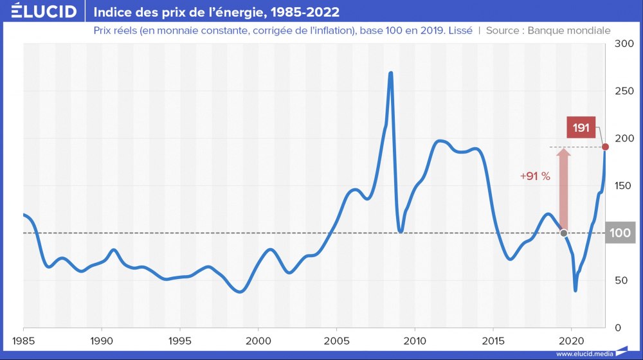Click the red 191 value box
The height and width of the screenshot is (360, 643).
[x=581, y=127]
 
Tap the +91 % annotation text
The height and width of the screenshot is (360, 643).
[x=535, y=176]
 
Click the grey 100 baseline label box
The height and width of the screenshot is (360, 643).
[x=620, y=233]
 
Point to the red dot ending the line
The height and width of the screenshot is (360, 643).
[x=606, y=147]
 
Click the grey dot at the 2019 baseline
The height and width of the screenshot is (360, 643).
[x=564, y=233]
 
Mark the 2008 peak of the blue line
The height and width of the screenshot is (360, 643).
[x=390, y=73]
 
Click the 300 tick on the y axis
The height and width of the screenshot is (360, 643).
[x=624, y=44]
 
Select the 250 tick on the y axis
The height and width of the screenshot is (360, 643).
[x=624, y=91]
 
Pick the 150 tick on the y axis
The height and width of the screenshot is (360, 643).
[x=624, y=186]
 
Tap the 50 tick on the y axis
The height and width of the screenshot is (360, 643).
[x=622, y=280]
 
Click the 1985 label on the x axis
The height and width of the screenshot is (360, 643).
[x=23, y=339]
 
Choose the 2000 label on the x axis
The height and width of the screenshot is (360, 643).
[x=258, y=339]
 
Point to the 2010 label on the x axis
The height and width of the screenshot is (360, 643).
[x=415, y=339]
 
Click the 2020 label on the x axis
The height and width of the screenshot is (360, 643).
[x=572, y=339]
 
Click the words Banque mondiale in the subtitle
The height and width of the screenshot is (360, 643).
[x=568, y=30]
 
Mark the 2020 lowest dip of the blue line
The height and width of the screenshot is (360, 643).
[x=575, y=290]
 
